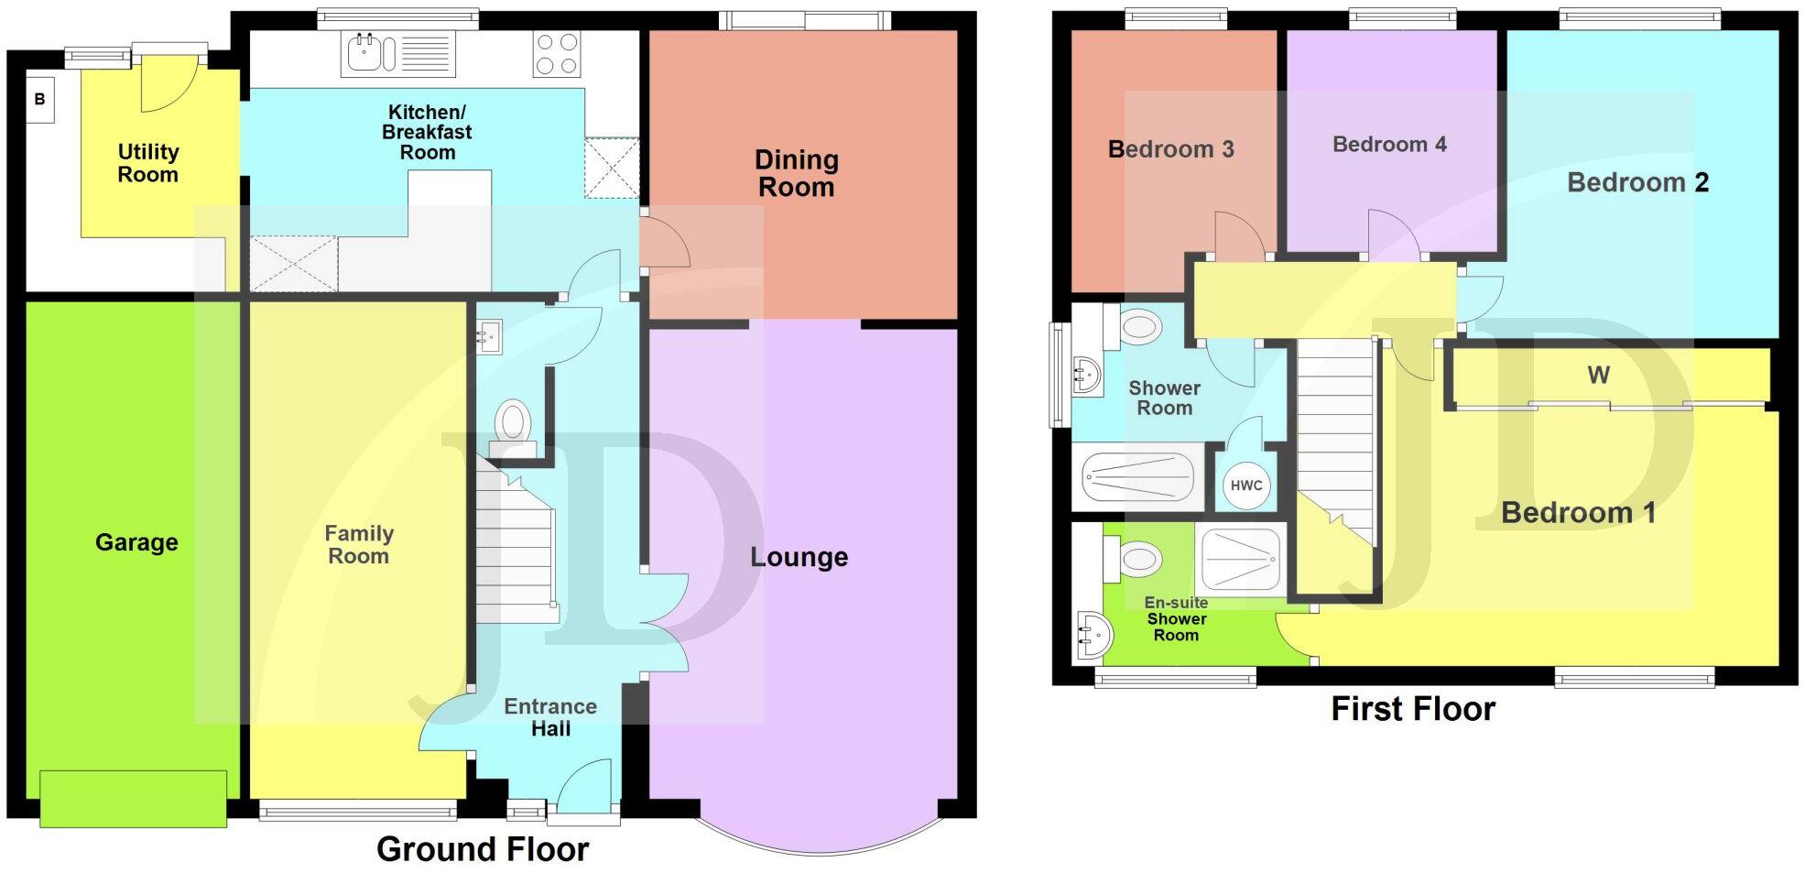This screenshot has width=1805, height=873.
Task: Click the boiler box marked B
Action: pyautogui.click(x=39, y=99)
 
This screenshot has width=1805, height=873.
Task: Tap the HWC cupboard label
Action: pyautogui.click(x=1245, y=486)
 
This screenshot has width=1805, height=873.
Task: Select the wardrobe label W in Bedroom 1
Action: pyautogui.click(x=1598, y=375)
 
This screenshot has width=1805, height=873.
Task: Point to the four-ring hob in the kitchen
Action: pyautogui.click(x=557, y=54)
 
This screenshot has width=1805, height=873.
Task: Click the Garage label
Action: pyautogui.click(x=136, y=542)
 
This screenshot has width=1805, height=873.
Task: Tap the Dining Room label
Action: pyautogui.click(x=796, y=173)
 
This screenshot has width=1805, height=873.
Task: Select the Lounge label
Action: pyautogui.click(x=799, y=557)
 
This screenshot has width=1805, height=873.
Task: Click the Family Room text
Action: pyautogui.click(x=359, y=544)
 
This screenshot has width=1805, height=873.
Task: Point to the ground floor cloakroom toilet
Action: pyautogui.click(x=513, y=429)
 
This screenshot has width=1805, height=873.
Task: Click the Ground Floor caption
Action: pyautogui.click(x=483, y=849)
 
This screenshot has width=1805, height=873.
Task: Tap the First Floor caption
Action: pyautogui.click(x=1412, y=709)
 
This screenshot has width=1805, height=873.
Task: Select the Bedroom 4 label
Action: pyautogui.click(x=1388, y=144)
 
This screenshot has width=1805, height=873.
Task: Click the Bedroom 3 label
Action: pyautogui.click(x=1170, y=148)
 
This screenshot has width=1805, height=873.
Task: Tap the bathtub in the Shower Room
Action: pyautogui.click(x=1138, y=477)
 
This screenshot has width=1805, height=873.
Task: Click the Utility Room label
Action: pyautogui.click(x=147, y=163)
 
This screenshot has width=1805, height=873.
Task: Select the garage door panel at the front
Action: pyautogui.click(x=134, y=798)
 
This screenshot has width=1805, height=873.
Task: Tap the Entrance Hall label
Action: pyautogui.click(x=550, y=717)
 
